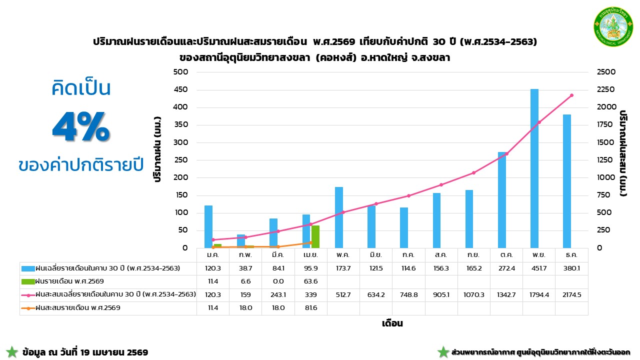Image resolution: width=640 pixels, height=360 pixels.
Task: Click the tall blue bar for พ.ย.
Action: (x=534, y=168)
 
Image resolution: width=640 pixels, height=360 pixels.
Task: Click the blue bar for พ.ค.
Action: (x=339, y=217)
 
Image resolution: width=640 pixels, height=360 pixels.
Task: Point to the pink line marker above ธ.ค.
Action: (x=571, y=95)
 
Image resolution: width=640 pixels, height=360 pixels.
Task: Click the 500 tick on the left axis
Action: (x=180, y=72)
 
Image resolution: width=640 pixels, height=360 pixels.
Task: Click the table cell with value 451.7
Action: (x=539, y=268)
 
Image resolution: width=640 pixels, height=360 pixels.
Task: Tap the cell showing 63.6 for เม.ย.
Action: (x=311, y=281)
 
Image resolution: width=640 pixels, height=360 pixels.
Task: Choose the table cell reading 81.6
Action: (x=311, y=308)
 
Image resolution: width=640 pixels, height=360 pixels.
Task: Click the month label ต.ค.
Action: (x=506, y=255)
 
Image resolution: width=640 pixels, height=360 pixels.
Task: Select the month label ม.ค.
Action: (x=213, y=255)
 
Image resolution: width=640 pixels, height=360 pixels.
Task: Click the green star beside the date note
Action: (x=12, y=352)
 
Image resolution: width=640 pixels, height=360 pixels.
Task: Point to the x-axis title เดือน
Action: (x=392, y=323)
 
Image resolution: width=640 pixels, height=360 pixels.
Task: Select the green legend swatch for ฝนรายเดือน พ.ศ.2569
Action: (x=28, y=281)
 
